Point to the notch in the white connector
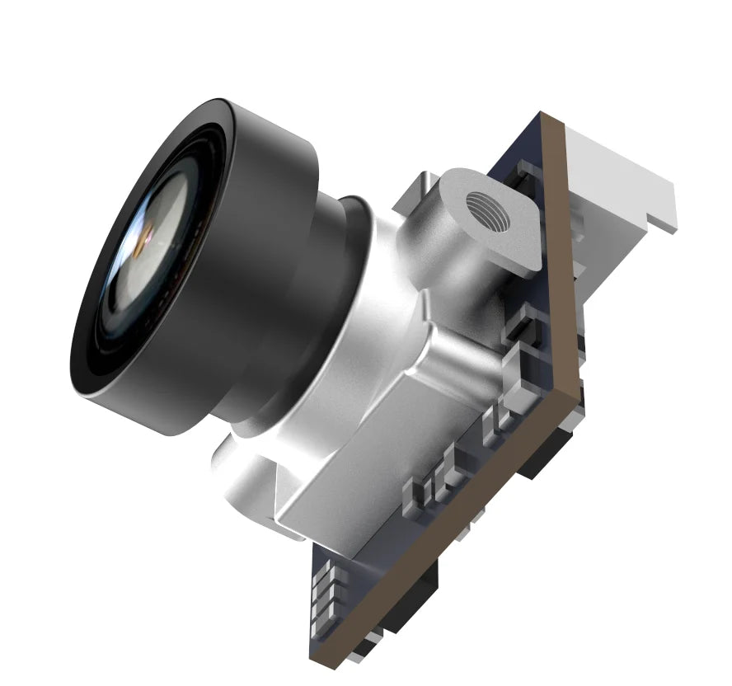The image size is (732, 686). (655, 219)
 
